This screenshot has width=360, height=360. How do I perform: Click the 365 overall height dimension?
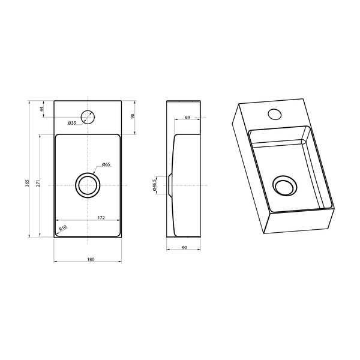[28, 183]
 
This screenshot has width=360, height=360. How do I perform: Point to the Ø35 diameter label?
[71, 123]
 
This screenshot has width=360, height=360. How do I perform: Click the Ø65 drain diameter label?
[106, 164]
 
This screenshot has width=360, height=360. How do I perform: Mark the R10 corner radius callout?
[62, 228]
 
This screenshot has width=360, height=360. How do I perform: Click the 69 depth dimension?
[187, 117]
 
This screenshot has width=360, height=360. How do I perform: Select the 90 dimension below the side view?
[184, 247]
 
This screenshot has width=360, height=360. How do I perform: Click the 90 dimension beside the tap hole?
[133, 116]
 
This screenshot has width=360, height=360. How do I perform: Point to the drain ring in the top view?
[88, 185]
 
